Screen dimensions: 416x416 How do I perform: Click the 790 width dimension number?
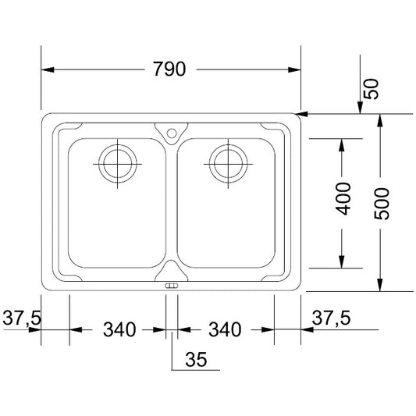(170, 69)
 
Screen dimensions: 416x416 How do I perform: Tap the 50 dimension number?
(372, 89)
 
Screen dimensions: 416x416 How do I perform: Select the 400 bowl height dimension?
(343, 199)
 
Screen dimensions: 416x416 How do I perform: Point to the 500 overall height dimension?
(382, 204)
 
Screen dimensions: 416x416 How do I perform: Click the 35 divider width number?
(196, 360)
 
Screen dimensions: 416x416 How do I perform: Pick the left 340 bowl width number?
(119, 329)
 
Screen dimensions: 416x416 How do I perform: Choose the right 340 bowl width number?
(225, 329)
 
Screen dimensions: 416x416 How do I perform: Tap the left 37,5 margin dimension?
(22, 318)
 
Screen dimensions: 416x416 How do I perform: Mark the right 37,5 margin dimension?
(331, 318)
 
